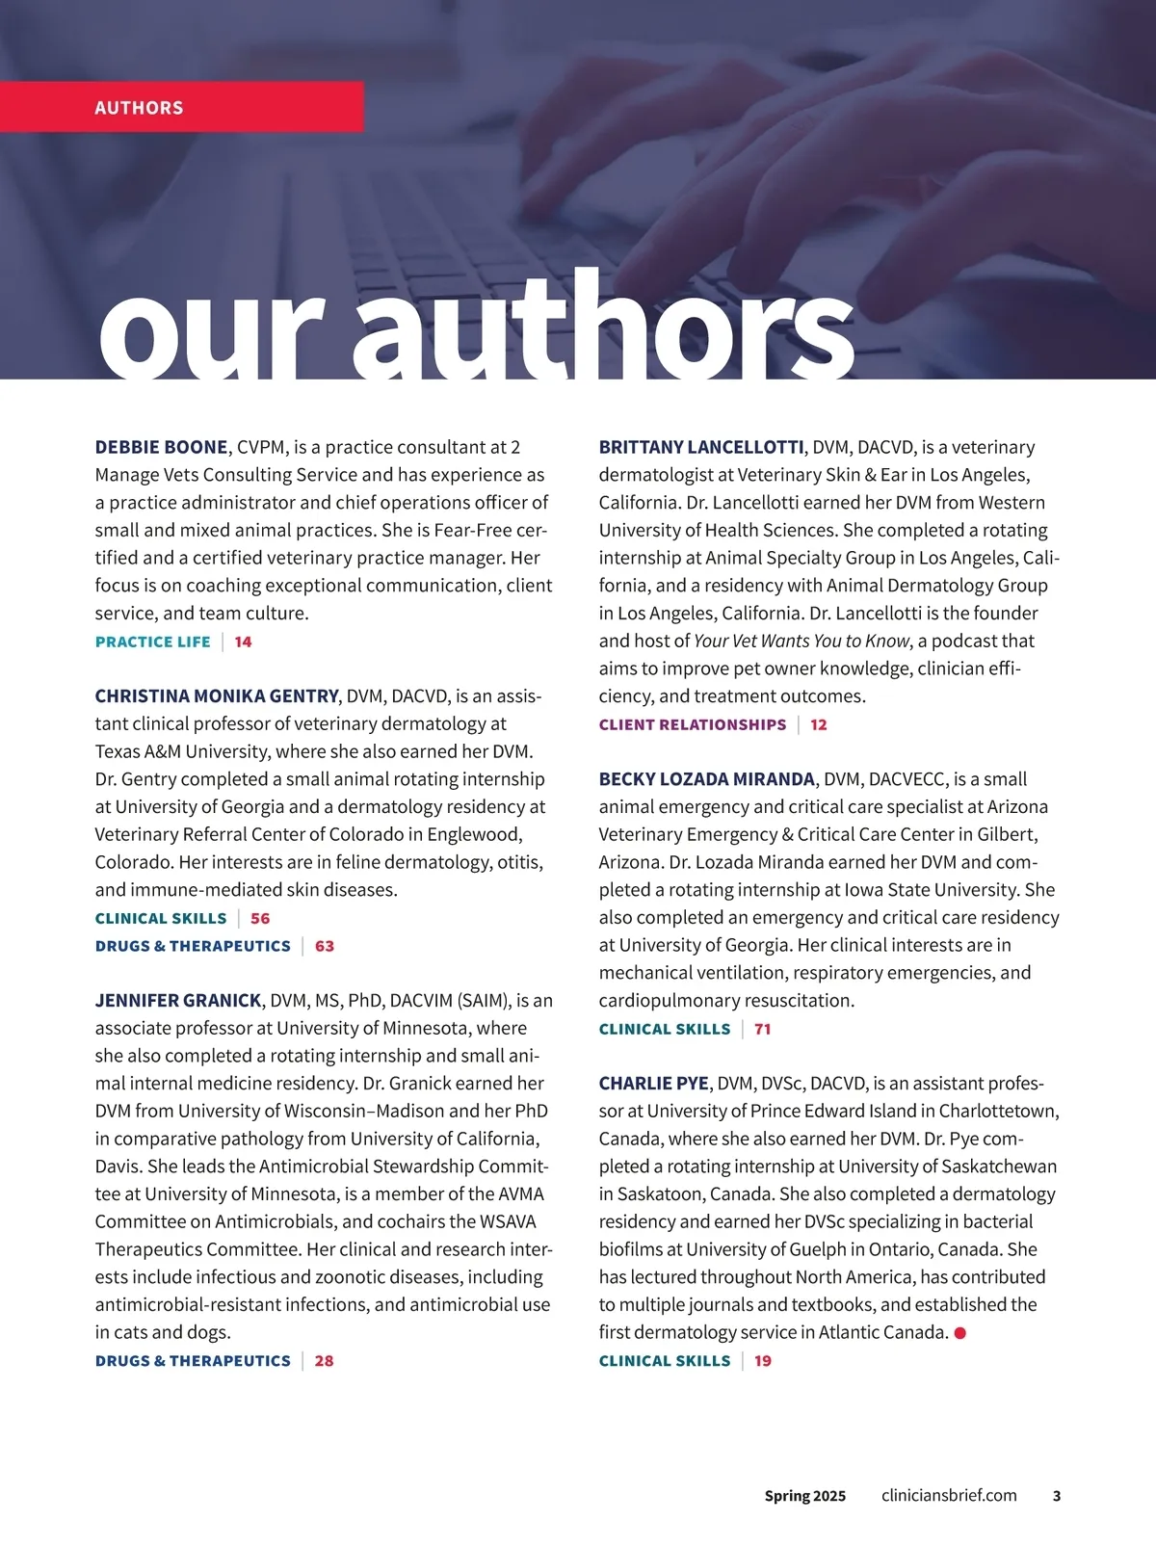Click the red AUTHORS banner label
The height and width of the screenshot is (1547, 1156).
[139, 108]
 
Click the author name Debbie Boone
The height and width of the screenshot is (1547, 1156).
[161, 447]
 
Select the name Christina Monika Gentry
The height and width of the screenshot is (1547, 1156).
[217, 695]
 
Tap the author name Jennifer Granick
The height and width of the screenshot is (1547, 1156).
[178, 1000]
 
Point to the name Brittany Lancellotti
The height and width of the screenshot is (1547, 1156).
[700, 447]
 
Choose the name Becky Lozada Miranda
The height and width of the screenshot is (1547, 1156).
[706, 778]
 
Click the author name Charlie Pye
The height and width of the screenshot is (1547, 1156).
[653, 1083]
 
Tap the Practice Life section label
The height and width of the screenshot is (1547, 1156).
[152, 642]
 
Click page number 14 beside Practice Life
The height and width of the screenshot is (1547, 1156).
[243, 642]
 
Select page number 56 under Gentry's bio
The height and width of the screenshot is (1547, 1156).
[260, 918]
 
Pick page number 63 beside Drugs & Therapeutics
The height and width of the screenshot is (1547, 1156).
[325, 946]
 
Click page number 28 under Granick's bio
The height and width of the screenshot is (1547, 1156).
[324, 1360]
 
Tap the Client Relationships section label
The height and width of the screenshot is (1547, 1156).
[692, 724]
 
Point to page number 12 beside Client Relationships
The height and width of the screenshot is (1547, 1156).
[819, 724]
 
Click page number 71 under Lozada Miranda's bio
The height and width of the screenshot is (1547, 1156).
[762, 1029]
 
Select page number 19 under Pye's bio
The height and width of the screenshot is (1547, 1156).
[762, 1360]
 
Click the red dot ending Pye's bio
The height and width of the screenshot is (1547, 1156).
[959, 1333]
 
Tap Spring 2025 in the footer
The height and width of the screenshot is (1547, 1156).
[804, 1496]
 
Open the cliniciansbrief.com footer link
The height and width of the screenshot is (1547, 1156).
[949, 1495]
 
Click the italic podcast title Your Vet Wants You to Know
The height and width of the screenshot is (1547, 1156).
[801, 641]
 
